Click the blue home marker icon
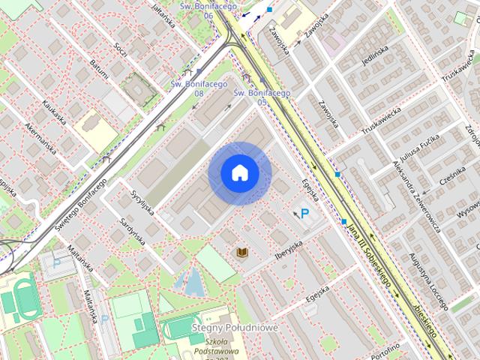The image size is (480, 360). point(240,173)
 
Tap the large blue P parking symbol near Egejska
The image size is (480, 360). point(305,214)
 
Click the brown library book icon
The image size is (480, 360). point(242,253)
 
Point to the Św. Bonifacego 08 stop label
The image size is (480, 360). point(187,89)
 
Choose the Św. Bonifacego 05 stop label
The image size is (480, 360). point(262,97)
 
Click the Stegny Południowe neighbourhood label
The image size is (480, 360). point(235,328)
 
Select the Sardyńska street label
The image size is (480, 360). point(132,234)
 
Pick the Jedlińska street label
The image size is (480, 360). point(373,55)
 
